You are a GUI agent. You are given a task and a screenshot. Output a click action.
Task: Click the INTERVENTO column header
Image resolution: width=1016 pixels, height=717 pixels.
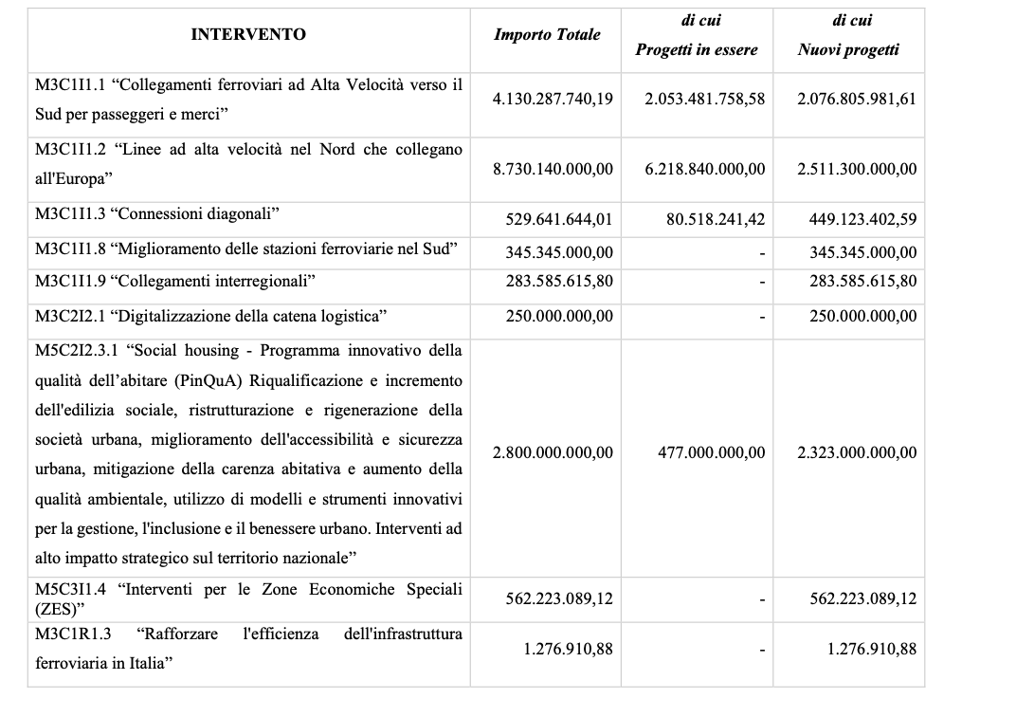248,34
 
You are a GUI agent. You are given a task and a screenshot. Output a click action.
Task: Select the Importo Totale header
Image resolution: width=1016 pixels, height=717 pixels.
547,34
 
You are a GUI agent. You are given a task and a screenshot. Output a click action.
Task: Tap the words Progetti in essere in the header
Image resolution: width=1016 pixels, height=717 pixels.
697,50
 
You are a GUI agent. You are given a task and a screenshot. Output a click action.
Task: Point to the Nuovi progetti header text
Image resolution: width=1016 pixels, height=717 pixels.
848,50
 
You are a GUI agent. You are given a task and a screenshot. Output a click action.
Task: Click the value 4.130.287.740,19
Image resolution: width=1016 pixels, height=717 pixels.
553,98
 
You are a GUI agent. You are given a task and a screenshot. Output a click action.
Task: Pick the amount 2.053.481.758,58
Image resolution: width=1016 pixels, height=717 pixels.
704,98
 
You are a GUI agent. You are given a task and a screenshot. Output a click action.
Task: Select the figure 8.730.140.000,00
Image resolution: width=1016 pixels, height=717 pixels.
553,169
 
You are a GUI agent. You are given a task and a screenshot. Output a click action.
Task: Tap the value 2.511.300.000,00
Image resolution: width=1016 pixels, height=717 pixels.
857,169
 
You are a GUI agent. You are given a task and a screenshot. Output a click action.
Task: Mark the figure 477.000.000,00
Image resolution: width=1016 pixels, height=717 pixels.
712,452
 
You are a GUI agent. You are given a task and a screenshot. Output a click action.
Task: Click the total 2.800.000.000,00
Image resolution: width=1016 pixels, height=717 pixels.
553,452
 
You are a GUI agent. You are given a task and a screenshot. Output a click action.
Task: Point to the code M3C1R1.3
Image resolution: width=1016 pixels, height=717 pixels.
73,633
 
